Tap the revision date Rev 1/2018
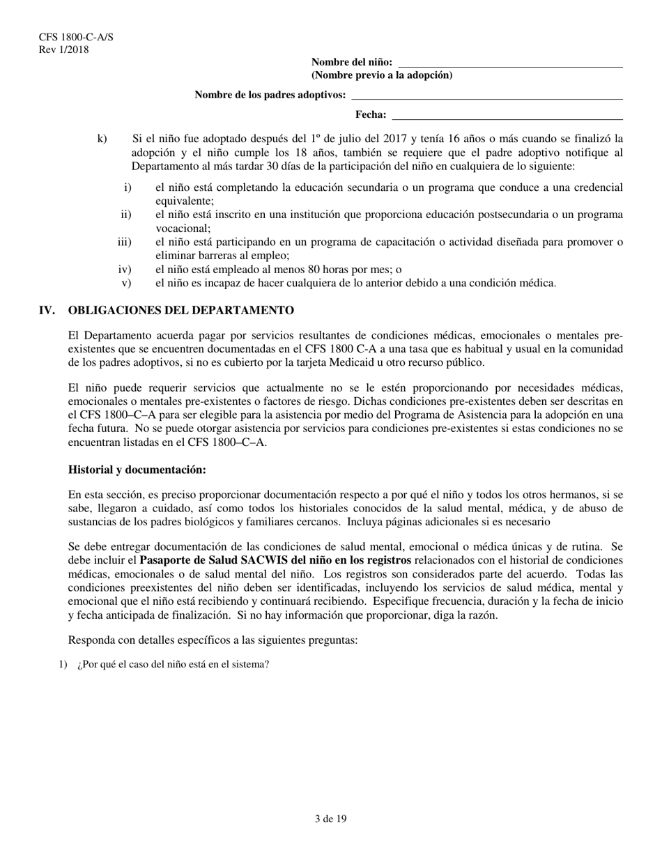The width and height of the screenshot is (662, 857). [64, 49]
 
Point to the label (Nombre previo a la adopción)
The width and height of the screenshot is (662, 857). [381, 75]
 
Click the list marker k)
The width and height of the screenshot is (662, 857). [102, 139]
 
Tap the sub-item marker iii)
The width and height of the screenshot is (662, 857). [124, 242]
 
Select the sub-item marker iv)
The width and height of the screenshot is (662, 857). [125, 270]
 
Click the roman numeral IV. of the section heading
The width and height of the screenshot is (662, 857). [47, 310]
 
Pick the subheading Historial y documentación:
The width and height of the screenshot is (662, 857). [137, 470]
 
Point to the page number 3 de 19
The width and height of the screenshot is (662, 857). [330, 819]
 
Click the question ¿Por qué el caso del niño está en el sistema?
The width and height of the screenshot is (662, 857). [174, 664]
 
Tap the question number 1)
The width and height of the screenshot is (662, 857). [63, 664]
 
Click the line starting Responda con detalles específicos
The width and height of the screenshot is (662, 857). [213, 640]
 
